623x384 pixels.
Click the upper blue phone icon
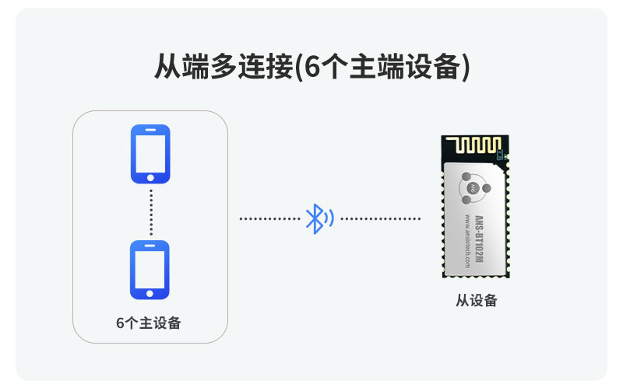pos(150,153)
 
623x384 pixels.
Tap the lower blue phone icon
pos(150,269)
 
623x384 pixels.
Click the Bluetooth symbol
pos(315,218)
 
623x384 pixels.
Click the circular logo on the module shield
pos(471,187)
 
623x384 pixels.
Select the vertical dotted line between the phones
pos(150,211)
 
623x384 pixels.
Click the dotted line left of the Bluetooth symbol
pos(269,218)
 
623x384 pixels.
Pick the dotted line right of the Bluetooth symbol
pos(380,218)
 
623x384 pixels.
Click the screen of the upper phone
pos(150,151)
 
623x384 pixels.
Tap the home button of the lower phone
pos(150,292)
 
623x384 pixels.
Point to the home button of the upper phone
pos(150,177)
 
